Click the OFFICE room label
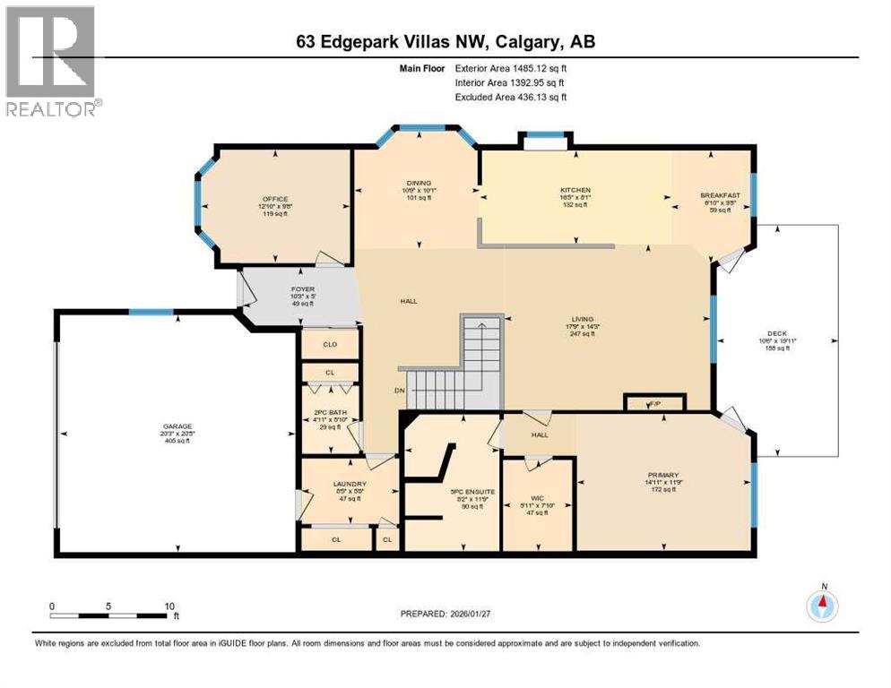pos(274,199)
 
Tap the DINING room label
pos(417,184)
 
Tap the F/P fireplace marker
pos(655,404)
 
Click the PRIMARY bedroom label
pos(663,475)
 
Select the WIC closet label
pos(537,496)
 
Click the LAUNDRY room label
pos(326,484)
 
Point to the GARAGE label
pos(177,426)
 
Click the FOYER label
pos(301,289)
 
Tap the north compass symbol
pos(822,606)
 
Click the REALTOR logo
pos(52,60)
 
